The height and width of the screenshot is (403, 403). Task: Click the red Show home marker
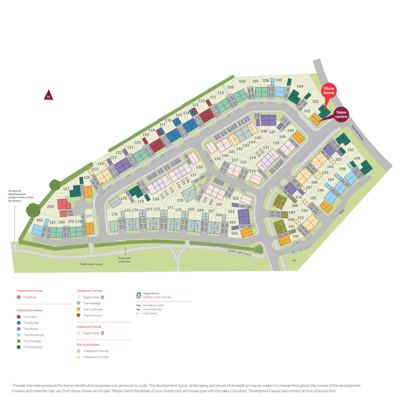tap(329, 91)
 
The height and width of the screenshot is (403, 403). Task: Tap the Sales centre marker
tap(341, 114)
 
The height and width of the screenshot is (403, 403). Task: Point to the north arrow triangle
tap(48, 95)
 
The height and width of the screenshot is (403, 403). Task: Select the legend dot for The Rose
tap(18, 297)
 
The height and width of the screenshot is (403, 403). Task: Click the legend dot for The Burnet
tap(18, 323)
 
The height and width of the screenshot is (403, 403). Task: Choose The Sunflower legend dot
tap(79, 309)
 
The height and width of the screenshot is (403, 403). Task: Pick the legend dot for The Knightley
tap(18, 347)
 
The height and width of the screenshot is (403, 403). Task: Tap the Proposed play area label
tap(124, 260)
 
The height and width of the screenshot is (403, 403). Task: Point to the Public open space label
tap(91, 264)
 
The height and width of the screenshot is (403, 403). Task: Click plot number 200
tap(50, 206)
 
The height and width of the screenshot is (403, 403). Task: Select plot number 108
tap(242, 82)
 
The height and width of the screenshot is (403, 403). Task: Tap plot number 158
tap(180, 201)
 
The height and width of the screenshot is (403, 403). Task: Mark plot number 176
tap(114, 214)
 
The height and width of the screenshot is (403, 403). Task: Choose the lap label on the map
tap(293, 260)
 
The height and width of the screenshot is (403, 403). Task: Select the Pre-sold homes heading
tap(88, 344)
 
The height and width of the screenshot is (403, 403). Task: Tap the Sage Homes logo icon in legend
tap(139, 295)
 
